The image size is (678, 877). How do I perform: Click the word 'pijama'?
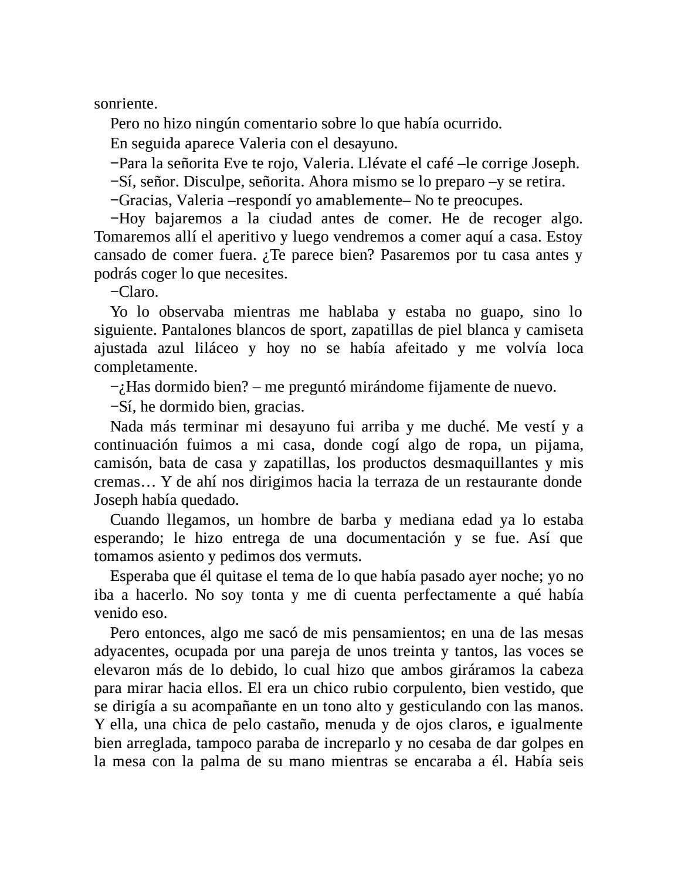(x=558, y=444)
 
